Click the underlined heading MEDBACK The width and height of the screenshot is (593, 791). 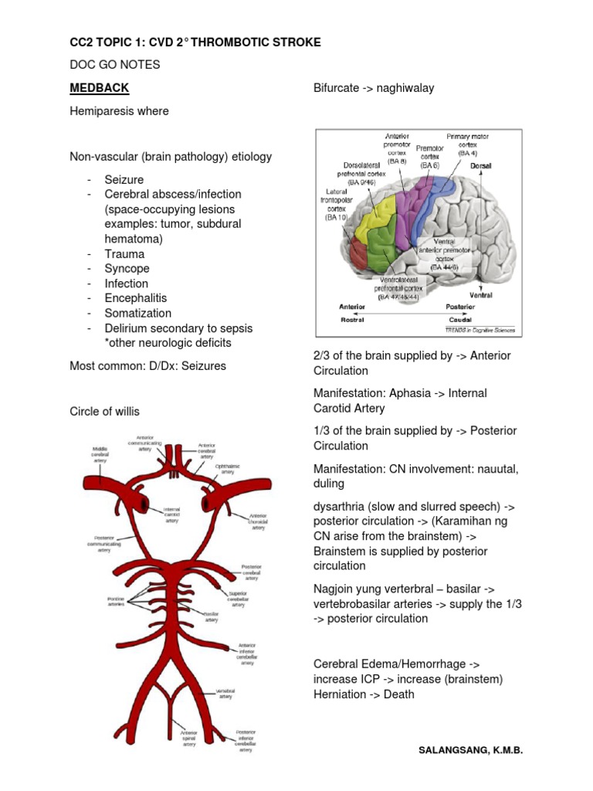[99, 87]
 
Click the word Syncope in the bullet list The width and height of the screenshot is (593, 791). [127, 269]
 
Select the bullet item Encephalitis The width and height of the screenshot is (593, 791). [136, 298]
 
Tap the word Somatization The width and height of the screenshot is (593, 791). [138, 313]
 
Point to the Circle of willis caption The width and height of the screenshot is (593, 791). [104, 411]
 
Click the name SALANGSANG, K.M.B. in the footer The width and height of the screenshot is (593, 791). [470, 750]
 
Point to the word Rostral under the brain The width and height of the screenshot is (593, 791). [352, 319]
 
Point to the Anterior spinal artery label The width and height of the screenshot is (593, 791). [189, 738]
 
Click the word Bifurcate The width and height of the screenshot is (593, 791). [338, 88]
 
